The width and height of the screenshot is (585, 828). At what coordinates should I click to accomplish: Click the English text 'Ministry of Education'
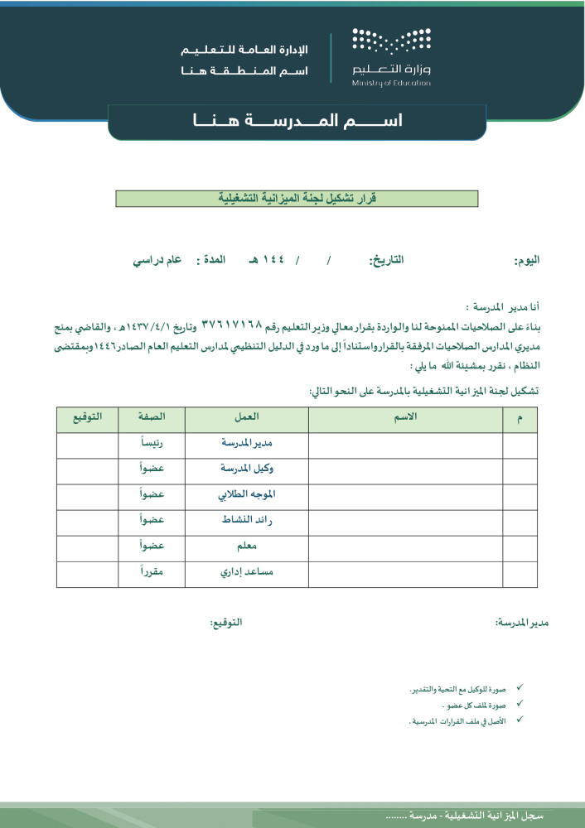391,84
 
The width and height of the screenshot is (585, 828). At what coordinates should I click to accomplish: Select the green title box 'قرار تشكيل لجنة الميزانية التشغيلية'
297,199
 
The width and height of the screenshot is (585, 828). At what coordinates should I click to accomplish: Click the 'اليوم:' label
527,260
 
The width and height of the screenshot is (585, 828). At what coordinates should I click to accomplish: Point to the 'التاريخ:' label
386,260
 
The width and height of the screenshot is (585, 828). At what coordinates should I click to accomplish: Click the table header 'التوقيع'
87,417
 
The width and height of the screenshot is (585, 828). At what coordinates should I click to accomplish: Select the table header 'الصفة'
151,417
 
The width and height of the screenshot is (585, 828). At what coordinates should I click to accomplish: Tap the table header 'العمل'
247,417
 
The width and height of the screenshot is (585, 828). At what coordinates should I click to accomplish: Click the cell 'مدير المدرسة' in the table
247,444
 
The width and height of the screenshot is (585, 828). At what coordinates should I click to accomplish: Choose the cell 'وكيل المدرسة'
247,469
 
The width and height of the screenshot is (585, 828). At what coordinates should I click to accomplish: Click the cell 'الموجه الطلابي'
246,495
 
